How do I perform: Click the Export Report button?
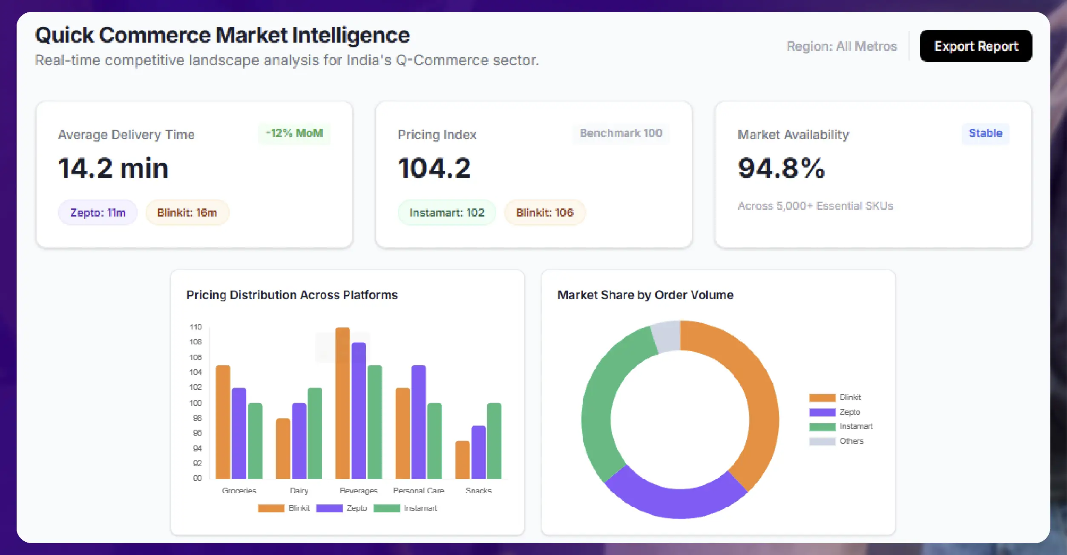click(975, 46)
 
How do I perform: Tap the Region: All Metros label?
click(842, 46)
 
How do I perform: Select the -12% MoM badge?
click(294, 133)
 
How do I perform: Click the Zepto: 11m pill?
click(98, 212)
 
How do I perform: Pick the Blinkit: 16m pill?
click(187, 212)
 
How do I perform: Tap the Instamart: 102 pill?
click(446, 212)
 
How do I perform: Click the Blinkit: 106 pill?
click(544, 212)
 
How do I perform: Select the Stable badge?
click(985, 133)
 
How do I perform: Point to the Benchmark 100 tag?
click(621, 133)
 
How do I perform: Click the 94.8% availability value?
click(781, 168)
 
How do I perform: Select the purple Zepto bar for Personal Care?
click(418, 422)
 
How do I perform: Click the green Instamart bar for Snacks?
click(494, 441)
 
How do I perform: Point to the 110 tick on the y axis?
click(196, 327)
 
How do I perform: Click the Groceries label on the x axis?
click(239, 491)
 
